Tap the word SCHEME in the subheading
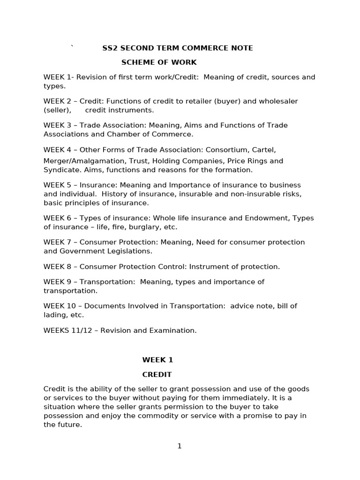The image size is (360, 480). (137, 62)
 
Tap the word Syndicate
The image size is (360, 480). (60, 170)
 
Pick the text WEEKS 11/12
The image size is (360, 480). (66, 330)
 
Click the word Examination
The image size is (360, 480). (173, 330)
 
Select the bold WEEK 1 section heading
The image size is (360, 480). (157, 360)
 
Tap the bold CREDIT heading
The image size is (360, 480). (157, 375)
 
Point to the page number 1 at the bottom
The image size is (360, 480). (180, 446)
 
